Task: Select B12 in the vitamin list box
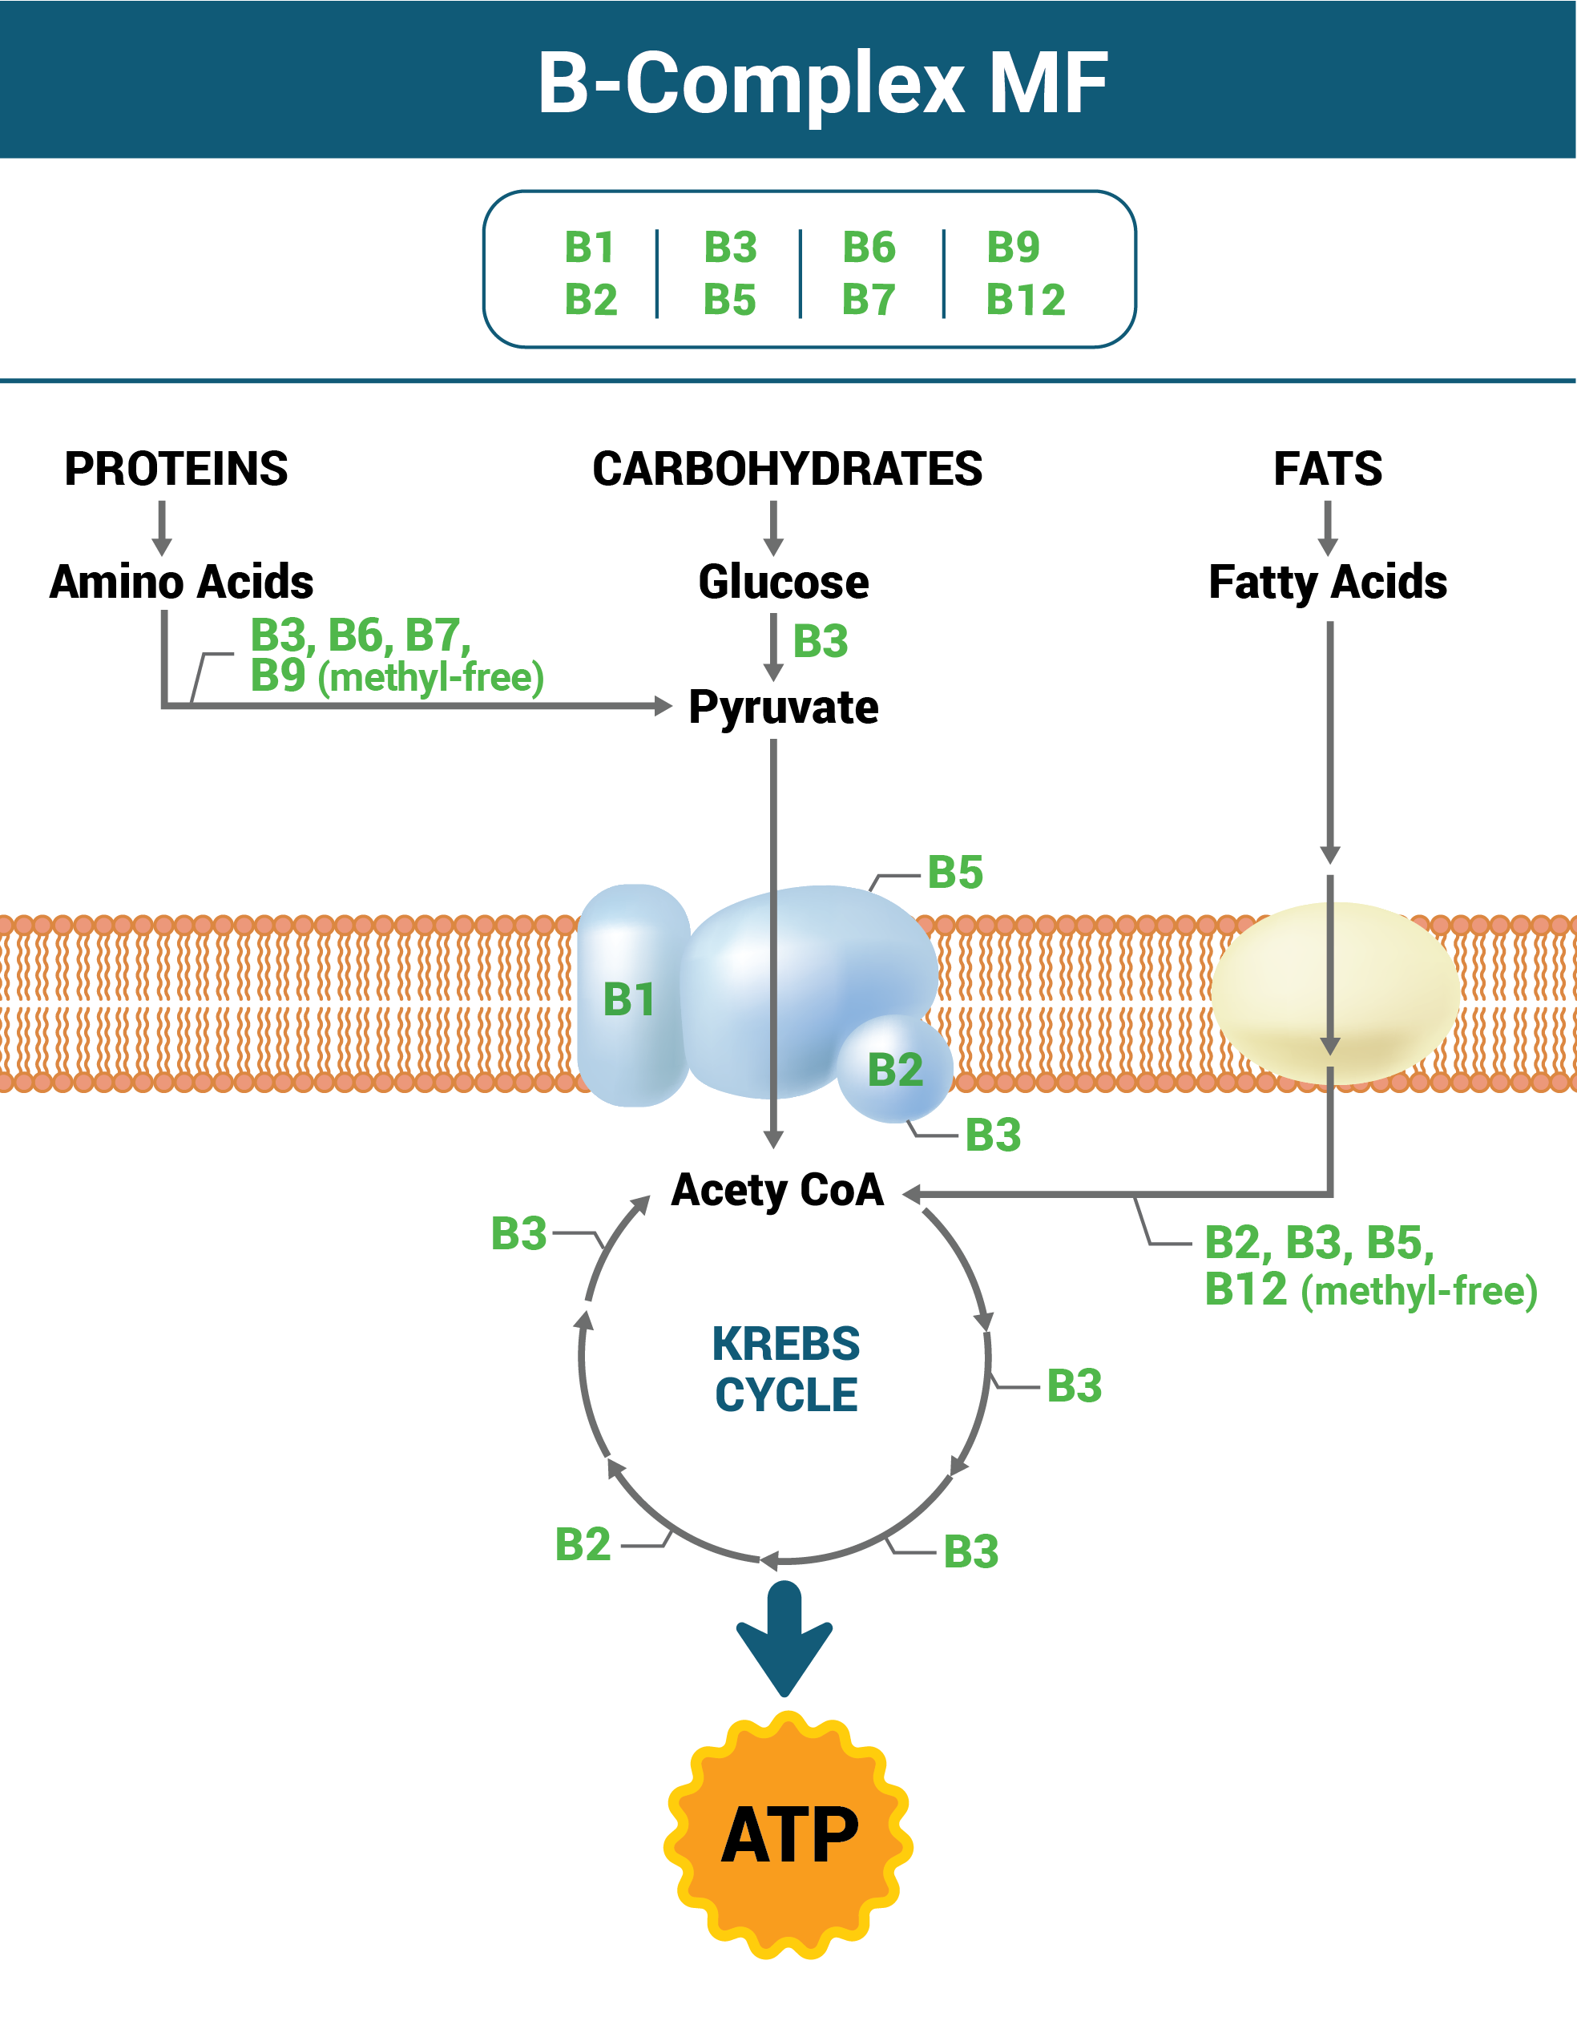(1025, 300)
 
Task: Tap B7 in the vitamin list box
(868, 300)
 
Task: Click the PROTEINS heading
(175, 468)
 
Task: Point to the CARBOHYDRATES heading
(787, 468)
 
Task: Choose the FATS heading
(1328, 468)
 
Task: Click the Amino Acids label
(181, 581)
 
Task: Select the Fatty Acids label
(1328, 581)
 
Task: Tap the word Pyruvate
(783, 708)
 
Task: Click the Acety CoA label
(777, 1190)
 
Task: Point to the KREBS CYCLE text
(786, 1369)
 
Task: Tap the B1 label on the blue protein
(629, 999)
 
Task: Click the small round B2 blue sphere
(895, 1069)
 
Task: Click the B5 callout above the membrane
(955, 872)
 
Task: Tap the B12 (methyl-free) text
(1369, 1289)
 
